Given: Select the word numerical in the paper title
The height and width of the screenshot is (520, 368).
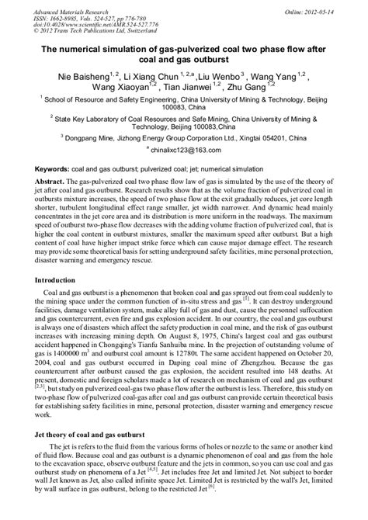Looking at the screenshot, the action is click(82, 47).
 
